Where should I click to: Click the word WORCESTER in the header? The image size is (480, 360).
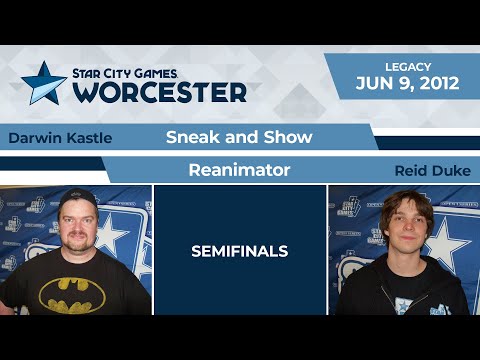pos(160,92)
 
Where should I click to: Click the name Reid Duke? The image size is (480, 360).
pos(432,171)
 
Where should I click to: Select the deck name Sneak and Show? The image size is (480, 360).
pos(239,137)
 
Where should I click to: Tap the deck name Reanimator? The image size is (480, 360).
pos(239,170)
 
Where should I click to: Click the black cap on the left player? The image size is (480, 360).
pos(76,197)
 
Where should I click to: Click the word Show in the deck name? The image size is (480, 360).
pos(290,137)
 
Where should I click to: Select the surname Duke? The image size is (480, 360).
pos(453,171)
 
